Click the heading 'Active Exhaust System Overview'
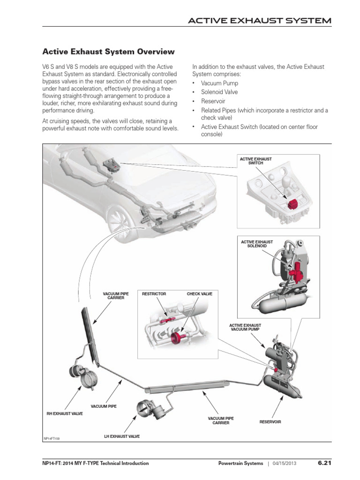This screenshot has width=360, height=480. coord(109,51)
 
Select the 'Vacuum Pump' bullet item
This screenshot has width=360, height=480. coord(219,83)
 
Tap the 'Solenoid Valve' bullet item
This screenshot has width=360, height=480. coord(219,92)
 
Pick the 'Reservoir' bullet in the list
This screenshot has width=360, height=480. coord(213,101)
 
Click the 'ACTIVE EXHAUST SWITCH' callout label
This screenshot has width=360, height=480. coord(255,161)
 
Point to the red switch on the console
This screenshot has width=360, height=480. coord(294,204)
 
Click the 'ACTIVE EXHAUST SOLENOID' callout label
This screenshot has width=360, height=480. coord(256,244)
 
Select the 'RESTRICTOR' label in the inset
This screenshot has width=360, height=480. coord(154,294)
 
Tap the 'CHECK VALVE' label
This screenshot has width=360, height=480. coord(199,294)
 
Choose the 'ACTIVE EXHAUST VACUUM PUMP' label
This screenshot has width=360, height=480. coord(245,327)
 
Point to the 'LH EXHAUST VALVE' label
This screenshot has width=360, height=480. coord(122,436)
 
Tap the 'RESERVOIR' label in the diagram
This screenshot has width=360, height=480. coord(270,422)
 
